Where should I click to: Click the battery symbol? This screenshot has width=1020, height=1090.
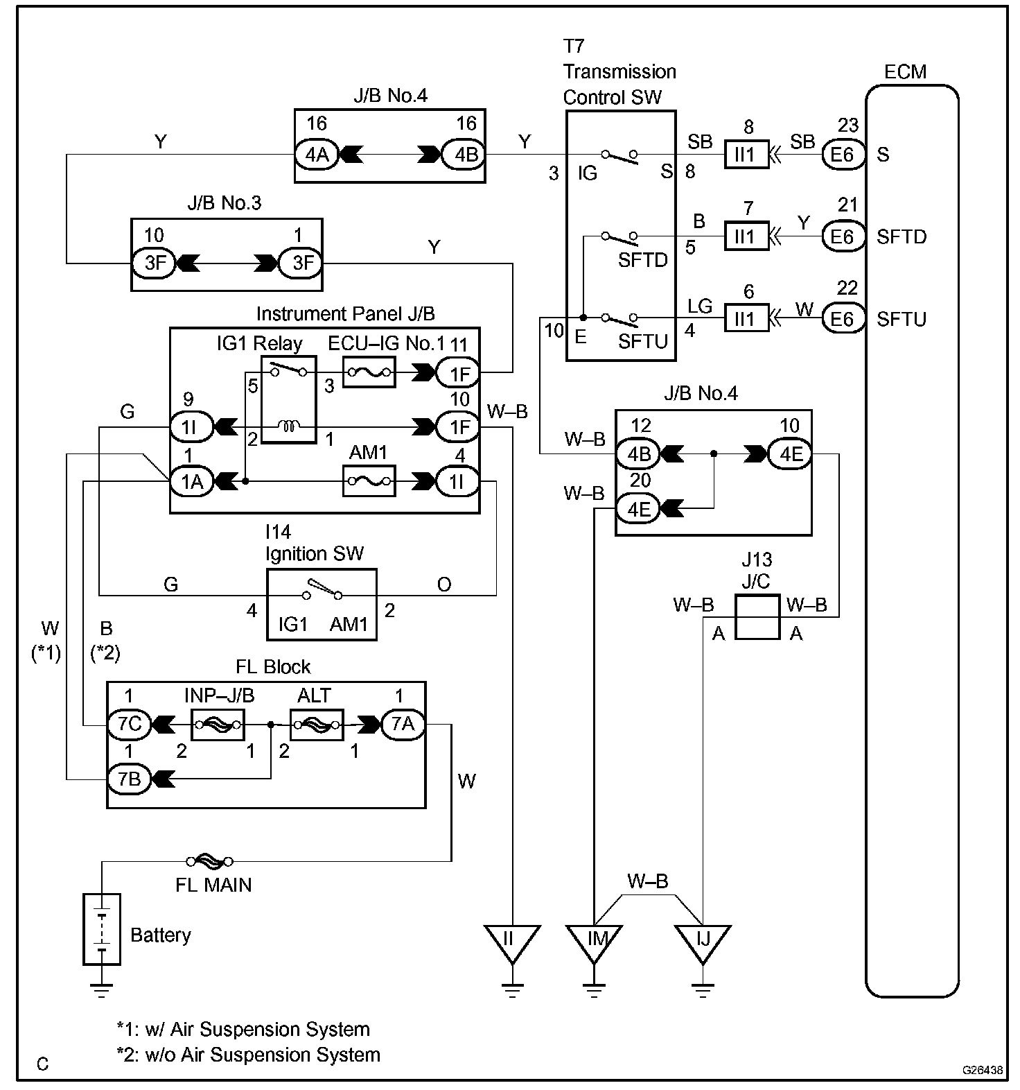point(102,928)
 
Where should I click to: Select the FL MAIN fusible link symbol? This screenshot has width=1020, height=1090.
point(209,861)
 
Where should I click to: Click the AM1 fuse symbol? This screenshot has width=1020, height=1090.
point(370,481)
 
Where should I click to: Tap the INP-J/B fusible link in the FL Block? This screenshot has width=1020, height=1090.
point(217,725)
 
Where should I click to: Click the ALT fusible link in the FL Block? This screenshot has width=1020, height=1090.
point(317,725)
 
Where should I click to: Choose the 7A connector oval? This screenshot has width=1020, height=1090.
point(403,724)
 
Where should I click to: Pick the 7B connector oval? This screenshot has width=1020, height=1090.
point(130,779)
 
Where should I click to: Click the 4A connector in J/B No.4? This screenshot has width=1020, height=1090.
point(317,154)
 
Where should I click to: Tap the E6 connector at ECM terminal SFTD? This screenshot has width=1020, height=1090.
point(843,236)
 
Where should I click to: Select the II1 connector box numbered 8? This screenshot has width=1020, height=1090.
point(746,154)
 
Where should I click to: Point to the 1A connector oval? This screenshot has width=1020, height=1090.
point(192,481)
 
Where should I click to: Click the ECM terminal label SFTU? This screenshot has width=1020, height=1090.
point(901,319)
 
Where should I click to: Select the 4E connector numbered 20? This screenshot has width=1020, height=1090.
point(638,508)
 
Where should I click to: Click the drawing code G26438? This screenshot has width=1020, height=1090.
point(982,1070)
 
